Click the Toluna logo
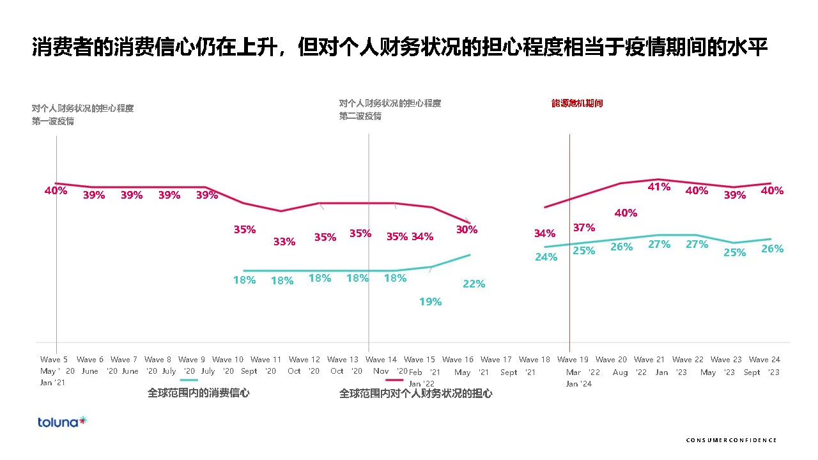[62, 422]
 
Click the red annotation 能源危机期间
[577, 103]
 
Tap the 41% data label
[659, 187]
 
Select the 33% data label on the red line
[284, 241]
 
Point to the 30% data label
[466, 229]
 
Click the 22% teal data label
[474, 284]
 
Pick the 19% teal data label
[430, 302]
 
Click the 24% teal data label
[546, 257]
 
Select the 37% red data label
[583, 227]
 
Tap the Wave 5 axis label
[54, 360]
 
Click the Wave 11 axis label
[266, 360]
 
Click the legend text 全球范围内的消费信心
[198, 393]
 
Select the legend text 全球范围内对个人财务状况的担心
[415, 394]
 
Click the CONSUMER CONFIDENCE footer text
[731, 440]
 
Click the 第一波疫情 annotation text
[53, 121]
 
